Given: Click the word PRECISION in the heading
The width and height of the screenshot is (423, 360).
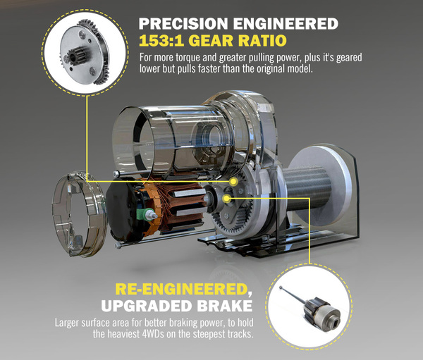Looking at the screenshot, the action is (x=183, y=24).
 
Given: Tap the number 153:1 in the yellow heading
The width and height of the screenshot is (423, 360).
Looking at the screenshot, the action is (x=159, y=41).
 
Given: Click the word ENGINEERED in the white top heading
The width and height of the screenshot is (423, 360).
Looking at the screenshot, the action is (x=286, y=24).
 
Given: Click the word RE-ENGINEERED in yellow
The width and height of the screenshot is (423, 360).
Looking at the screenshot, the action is (x=181, y=289).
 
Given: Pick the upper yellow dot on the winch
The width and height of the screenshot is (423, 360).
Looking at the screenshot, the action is (x=233, y=182).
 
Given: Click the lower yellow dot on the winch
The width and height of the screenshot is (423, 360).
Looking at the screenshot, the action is (x=226, y=199).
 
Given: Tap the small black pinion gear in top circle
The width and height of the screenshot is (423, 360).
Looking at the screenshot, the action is (x=78, y=55).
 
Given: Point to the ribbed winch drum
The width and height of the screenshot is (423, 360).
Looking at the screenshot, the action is (x=307, y=189).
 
